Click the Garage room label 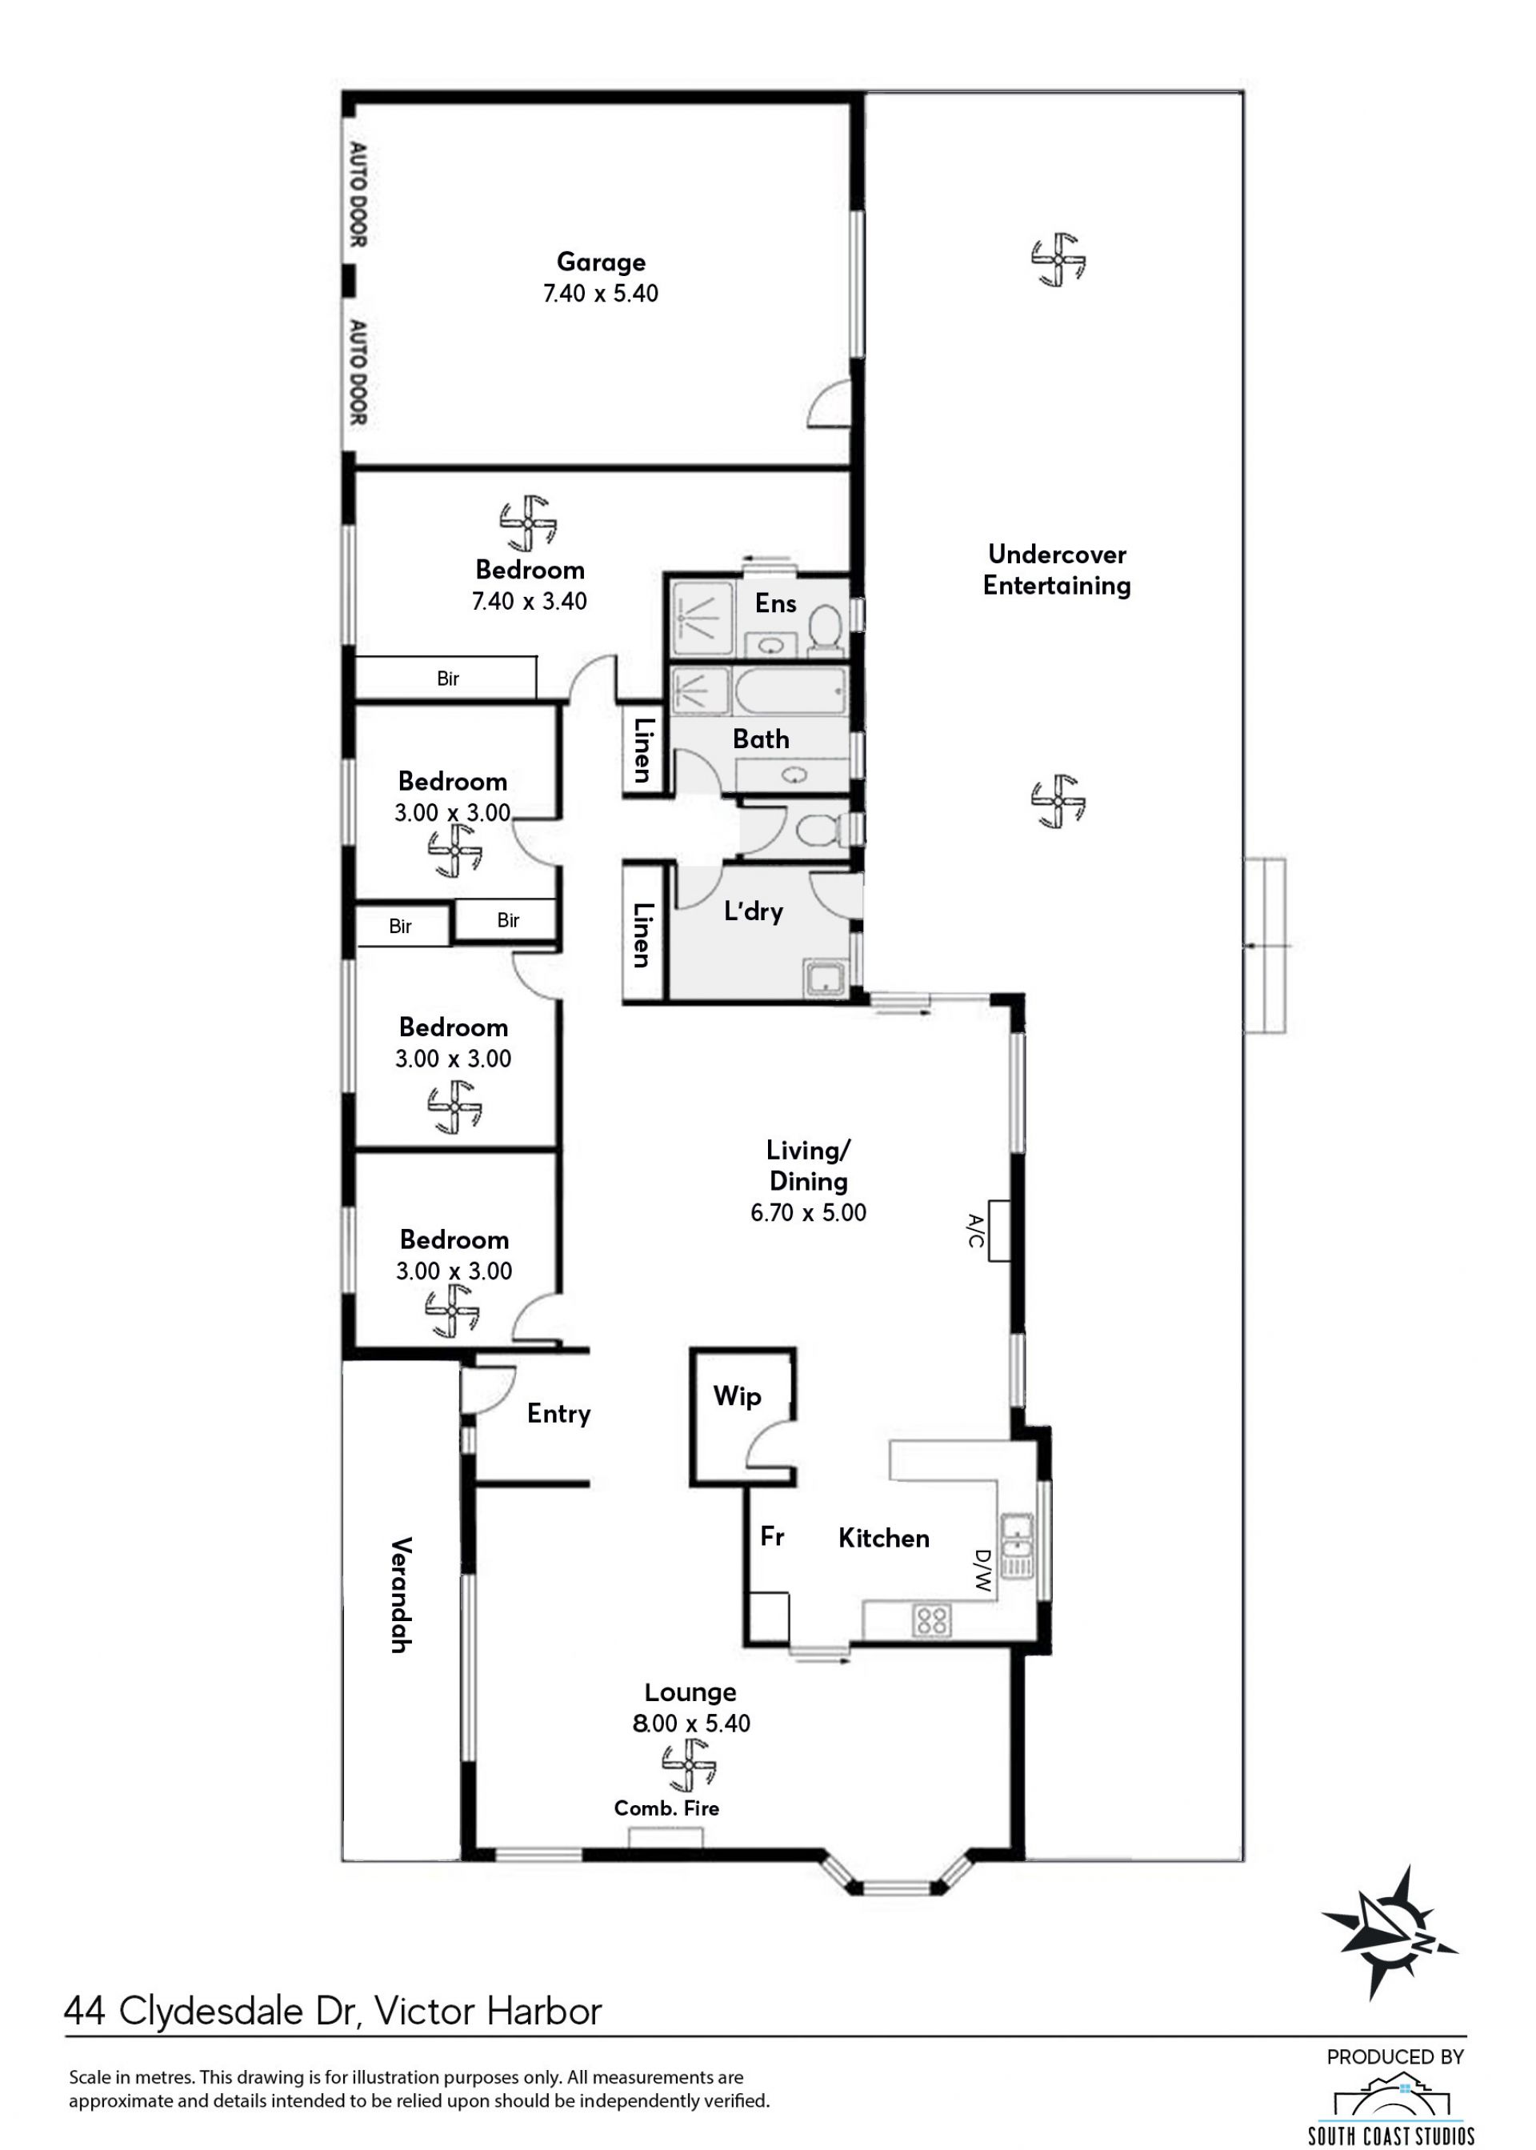click(x=601, y=262)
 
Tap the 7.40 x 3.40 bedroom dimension click(x=530, y=602)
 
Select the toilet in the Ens click(x=826, y=629)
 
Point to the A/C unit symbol click(x=998, y=1231)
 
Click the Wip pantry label click(x=737, y=1396)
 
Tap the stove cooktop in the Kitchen click(x=932, y=1620)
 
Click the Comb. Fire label click(x=666, y=1808)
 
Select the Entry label click(x=559, y=1414)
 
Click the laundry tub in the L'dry click(x=826, y=977)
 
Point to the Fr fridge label click(x=772, y=1536)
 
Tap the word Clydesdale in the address click(x=214, y=2011)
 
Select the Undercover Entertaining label click(x=1057, y=570)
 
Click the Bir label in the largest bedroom click(x=448, y=679)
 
